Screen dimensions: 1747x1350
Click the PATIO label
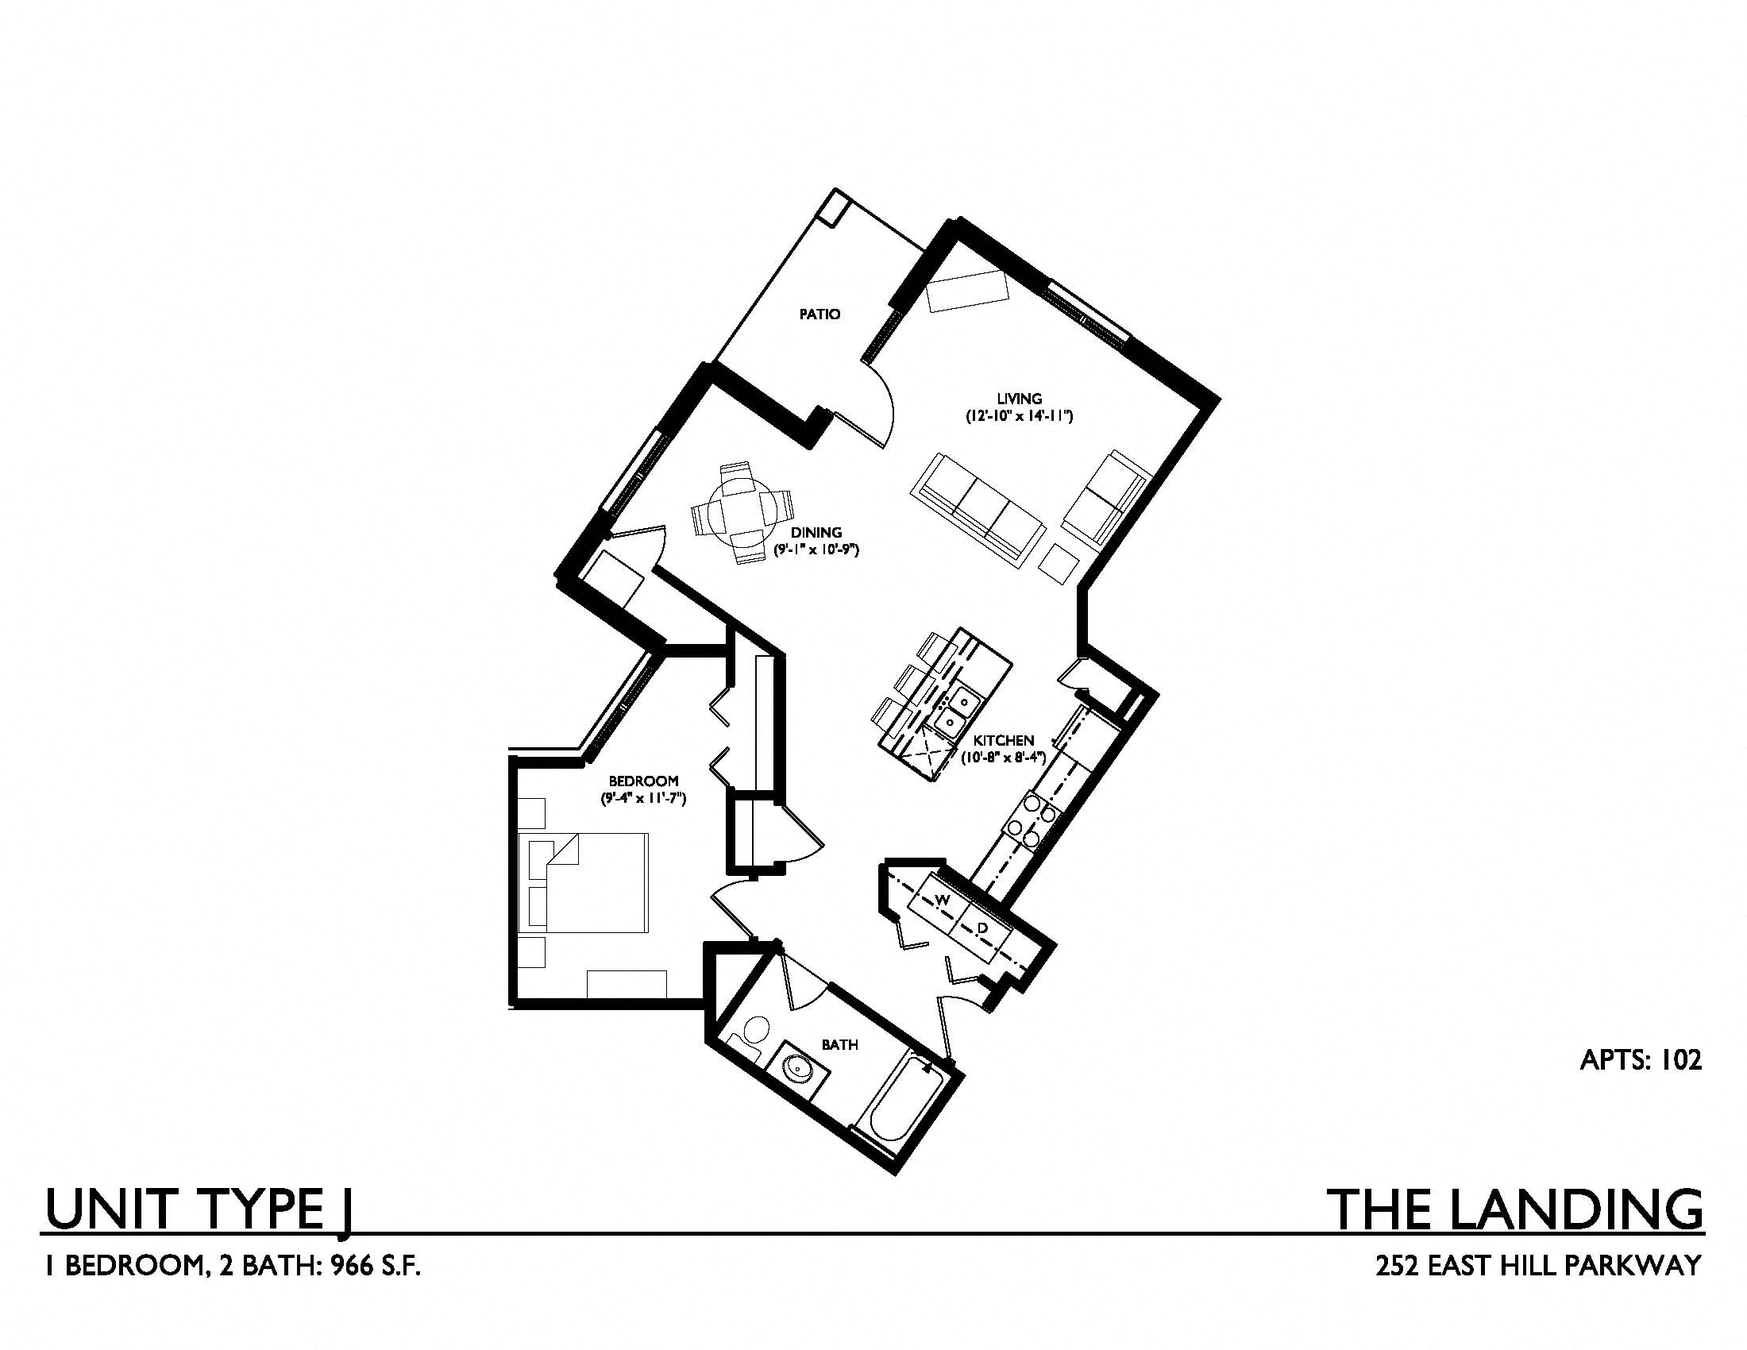pyautogui.click(x=820, y=314)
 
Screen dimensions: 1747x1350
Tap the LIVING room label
pyautogui.click(x=1019, y=399)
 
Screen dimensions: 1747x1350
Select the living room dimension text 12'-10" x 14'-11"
pyautogui.click(x=1018, y=417)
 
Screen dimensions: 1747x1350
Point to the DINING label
pyautogui.click(x=816, y=532)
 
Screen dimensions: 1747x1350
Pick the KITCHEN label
pyautogui.click(x=1005, y=741)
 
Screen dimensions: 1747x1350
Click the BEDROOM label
pyautogui.click(x=643, y=781)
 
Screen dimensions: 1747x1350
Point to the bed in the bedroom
pyautogui.click(x=583, y=883)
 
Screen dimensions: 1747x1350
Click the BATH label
pyautogui.click(x=839, y=1044)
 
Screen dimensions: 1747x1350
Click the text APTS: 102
pyautogui.click(x=1640, y=1059)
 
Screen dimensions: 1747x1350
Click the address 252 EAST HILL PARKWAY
pyautogui.click(x=1537, y=1265)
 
